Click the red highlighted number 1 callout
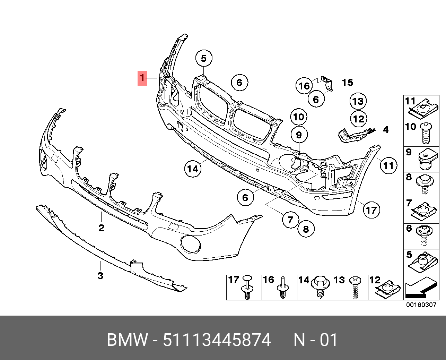pos(142,78)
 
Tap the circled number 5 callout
pos(204,58)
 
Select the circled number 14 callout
pos(193,169)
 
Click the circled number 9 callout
pos(299,135)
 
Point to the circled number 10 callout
pos(299,117)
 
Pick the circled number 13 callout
pos(358,101)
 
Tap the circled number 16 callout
pos(304,86)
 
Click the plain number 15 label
pos(347,83)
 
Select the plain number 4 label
pos(386,130)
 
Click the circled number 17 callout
pos(371,210)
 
